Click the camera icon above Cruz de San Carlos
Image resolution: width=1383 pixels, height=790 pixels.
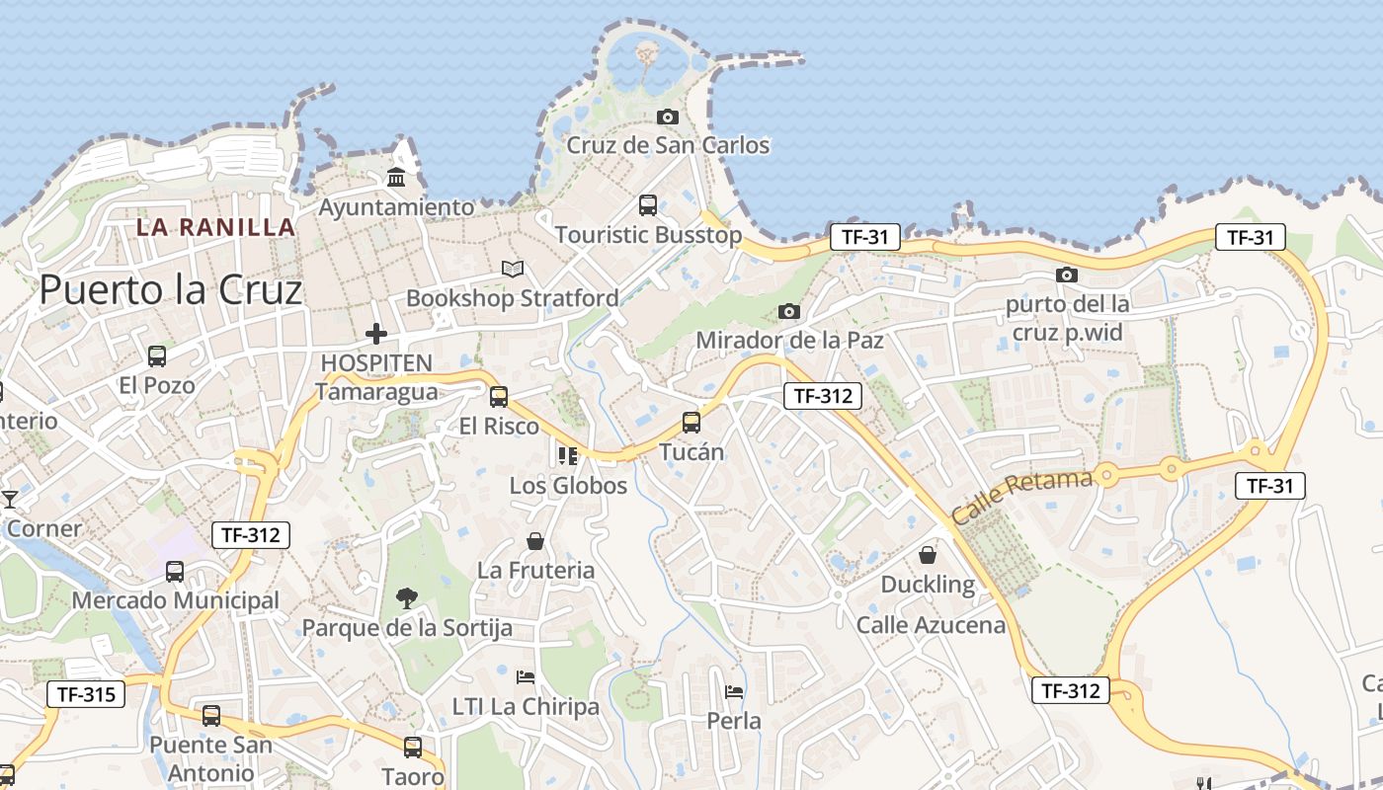(668, 117)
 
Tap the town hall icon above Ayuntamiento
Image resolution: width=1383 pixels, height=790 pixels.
(396, 178)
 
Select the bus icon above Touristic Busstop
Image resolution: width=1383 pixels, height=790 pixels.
(648, 205)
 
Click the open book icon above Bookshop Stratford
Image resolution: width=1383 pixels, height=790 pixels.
(512, 269)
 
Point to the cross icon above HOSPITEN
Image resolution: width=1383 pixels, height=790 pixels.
(375, 334)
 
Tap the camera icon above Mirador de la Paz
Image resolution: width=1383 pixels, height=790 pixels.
(788, 312)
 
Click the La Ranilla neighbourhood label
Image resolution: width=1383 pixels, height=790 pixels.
(215, 227)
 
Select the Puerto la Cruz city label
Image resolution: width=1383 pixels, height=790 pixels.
(170, 290)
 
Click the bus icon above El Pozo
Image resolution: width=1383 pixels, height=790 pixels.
(156, 356)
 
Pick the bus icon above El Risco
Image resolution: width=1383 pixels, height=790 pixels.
(499, 397)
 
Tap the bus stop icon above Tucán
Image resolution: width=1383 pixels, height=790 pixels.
(691, 423)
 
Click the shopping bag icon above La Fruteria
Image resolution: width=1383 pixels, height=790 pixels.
(535, 541)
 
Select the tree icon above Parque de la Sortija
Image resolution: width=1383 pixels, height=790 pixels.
(406, 597)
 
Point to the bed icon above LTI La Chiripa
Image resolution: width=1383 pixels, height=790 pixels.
(526, 677)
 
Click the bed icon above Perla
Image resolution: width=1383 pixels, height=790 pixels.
(734, 691)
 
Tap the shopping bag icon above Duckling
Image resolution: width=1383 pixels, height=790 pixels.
(928, 555)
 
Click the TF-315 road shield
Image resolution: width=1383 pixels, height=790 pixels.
(86, 694)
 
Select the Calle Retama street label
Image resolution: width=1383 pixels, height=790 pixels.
(1021, 497)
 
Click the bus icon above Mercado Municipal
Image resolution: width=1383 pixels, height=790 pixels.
(175, 571)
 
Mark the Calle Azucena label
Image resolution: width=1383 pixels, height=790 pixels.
(931, 625)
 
